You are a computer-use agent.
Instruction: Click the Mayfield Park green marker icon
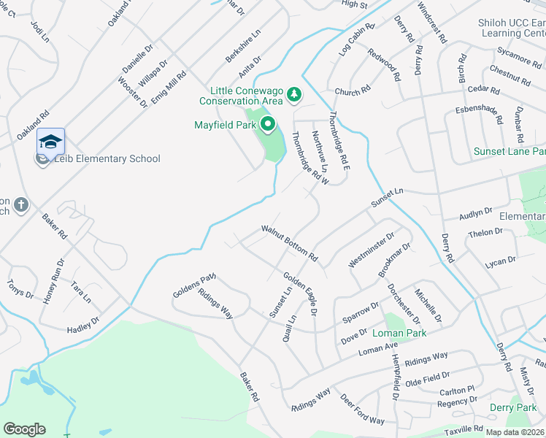click(268, 125)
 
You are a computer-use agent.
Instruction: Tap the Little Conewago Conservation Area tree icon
click(293, 94)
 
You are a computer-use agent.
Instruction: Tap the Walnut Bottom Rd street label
click(291, 244)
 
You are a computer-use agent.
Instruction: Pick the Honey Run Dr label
click(54, 280)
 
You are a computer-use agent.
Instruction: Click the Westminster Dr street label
click(372, 250)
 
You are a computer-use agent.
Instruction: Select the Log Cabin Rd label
click(356, 39)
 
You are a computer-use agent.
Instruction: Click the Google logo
click(24, 429)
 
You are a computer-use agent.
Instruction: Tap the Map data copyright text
click(515, 432)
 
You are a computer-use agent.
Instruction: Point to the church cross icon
click(20, 204)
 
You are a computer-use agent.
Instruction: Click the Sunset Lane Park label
click(510, 151)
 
